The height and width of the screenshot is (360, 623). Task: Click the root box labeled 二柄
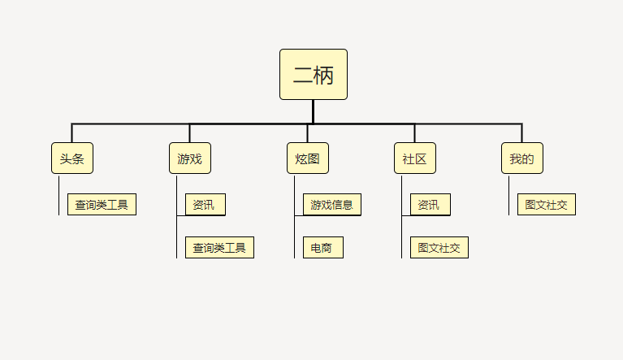pos(314,74)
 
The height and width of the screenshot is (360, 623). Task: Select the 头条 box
pos(72,158)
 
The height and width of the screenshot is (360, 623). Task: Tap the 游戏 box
pos(190,158)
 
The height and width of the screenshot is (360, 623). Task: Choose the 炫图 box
pos(308,158)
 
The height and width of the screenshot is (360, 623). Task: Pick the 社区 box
pos(415,158)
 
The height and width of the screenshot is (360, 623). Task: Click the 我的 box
pos(522,158)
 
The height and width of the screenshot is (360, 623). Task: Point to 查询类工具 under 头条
pos(102,205)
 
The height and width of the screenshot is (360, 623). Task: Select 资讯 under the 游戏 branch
pos(206,205)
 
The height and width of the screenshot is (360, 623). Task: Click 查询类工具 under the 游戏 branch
pos(220,248)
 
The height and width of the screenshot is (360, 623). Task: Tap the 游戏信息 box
pos(332,205)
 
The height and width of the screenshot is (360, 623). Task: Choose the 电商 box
pos(323,248)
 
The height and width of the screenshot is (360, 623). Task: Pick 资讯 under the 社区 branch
pos(430,205)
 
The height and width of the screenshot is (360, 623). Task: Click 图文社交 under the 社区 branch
pos(439,248)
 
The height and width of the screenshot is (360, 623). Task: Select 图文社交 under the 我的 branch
pos(547,205)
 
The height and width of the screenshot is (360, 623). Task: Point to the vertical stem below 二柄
pos(313,111)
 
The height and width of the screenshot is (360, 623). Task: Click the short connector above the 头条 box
pos(72,133)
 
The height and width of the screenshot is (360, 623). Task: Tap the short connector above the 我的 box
pos(521,133)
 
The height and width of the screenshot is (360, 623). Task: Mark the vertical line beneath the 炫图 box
pos(294,217)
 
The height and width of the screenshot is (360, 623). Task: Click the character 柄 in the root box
pos(323,75)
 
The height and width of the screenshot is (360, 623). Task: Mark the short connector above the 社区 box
pos(415,133)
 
